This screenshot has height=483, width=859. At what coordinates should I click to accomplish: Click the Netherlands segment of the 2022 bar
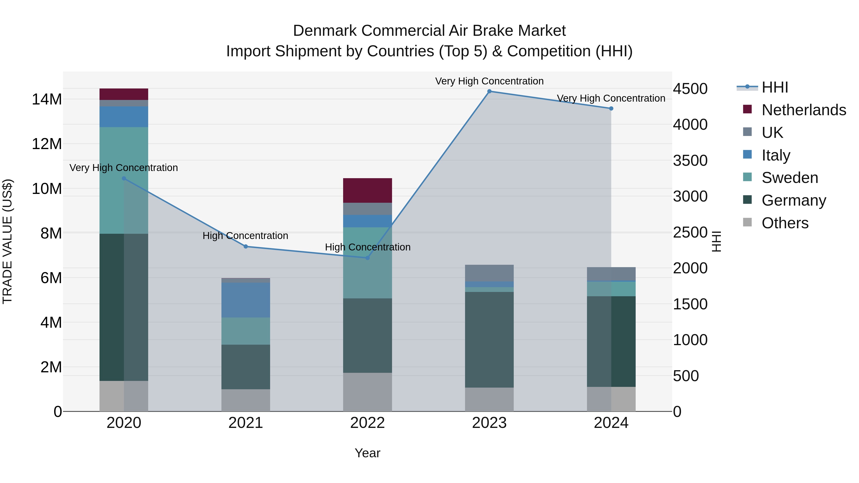coord(367,190)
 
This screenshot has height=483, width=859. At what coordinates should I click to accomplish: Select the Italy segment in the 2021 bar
coord(246,300)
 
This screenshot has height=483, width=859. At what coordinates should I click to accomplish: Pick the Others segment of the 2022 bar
coord(367,392)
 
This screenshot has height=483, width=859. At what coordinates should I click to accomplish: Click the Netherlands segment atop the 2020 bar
coord(124,94)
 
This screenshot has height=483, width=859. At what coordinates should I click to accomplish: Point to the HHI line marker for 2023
coord(489,91)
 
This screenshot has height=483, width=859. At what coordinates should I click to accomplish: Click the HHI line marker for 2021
coord(246,246)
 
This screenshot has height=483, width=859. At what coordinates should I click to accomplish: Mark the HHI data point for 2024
coord(611,108)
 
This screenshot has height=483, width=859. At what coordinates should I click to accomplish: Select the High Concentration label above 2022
coord(367,247)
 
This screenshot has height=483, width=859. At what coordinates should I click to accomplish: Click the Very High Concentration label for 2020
coord(124,168)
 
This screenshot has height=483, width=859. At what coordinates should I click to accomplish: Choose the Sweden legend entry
coord(789,178)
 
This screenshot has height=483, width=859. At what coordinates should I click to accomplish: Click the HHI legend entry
coord(774,87)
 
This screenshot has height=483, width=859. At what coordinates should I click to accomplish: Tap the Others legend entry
coord(785,223)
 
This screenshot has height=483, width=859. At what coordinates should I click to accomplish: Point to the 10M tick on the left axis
coord(47,189)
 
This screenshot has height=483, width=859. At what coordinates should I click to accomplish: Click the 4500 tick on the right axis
coord(690,89)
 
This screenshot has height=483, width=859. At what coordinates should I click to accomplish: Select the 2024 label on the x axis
coord(611,423)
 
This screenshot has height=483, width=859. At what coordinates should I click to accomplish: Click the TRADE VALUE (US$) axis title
coord(7,241)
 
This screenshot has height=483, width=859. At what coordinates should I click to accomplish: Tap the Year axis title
coord(367,453)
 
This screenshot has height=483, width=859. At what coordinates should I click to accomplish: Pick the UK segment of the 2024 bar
coord(611,274)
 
